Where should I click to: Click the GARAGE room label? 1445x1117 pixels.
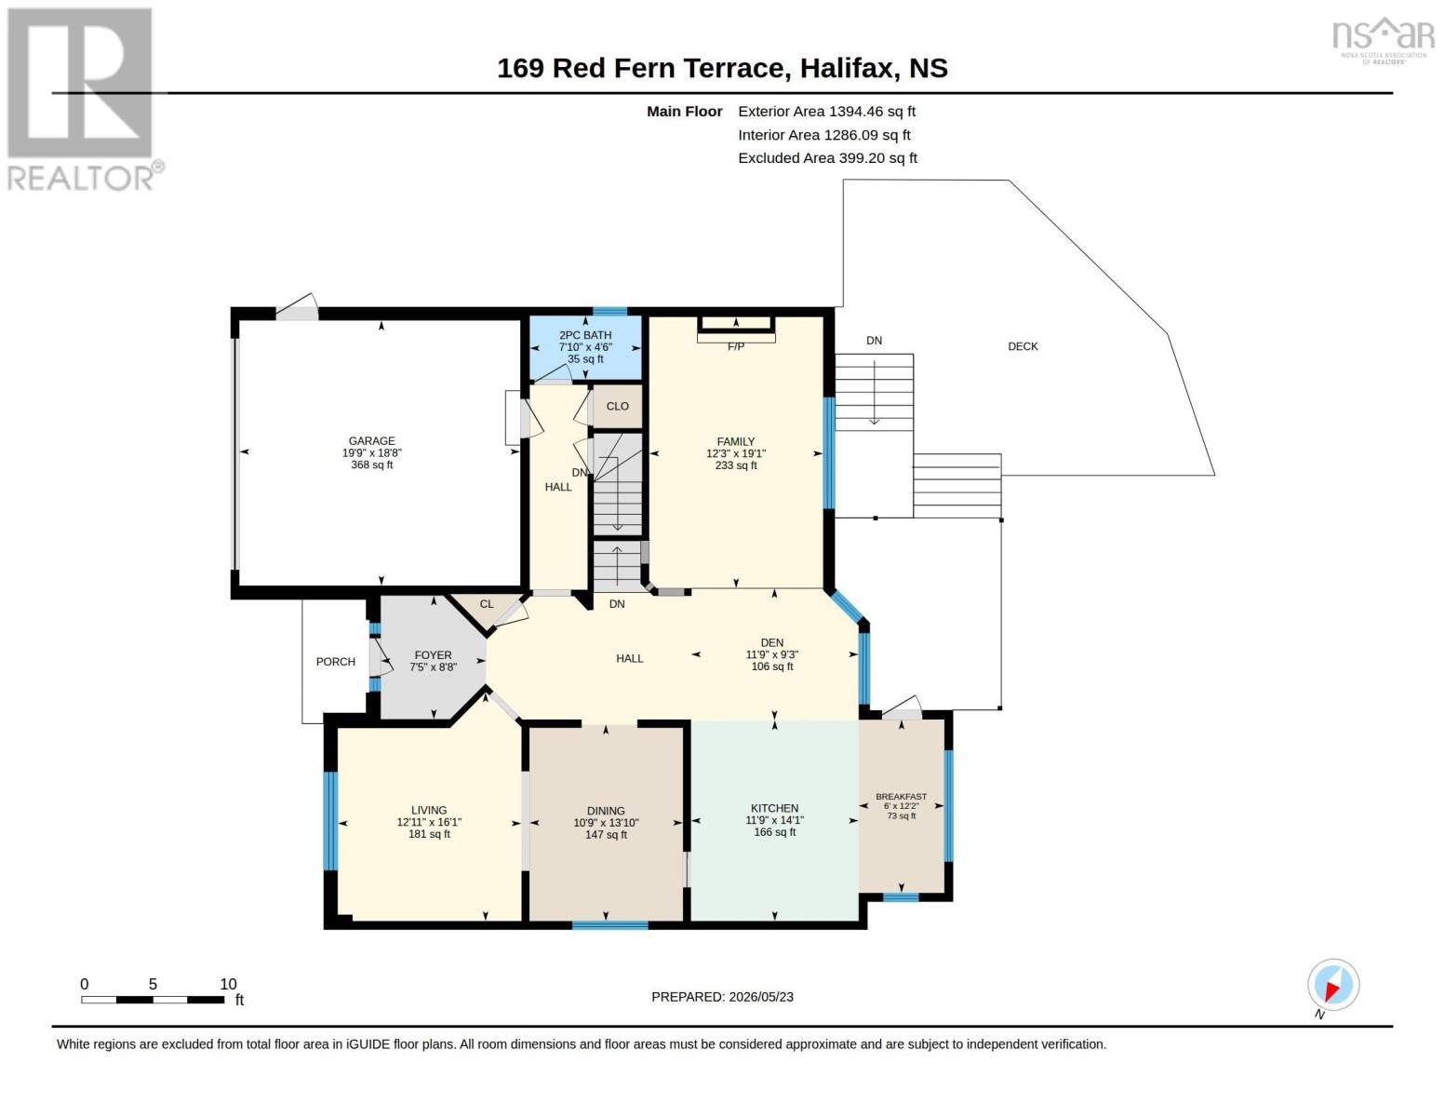click(372, 440)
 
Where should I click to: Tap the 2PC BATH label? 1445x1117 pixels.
click(585, 335)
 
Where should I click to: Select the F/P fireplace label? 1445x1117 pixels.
click(735, 346)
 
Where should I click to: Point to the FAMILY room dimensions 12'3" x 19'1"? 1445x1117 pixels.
click(735, 453)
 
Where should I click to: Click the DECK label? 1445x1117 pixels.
click(1023, 346)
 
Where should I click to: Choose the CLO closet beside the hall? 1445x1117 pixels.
click(617, 406)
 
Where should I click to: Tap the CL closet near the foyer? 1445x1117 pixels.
click(487, 604)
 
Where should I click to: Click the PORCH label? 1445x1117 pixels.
click(336, 661)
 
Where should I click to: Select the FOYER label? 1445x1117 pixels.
click(433, 655)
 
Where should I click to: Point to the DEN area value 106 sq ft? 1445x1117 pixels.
click(772, 666)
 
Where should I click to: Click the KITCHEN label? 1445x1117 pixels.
click(775, 808)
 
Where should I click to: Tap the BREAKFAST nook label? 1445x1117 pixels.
click(901, 797)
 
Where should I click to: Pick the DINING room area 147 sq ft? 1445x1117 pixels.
click(606, 834)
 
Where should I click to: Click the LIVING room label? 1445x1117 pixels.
click(429, 811)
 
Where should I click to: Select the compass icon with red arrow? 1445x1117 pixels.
click(1333, 985)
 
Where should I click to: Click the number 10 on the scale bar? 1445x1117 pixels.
click(228, 984)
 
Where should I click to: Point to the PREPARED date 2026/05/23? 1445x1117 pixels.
click(761, 997)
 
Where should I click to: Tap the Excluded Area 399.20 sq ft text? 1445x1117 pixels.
click(828, 158)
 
